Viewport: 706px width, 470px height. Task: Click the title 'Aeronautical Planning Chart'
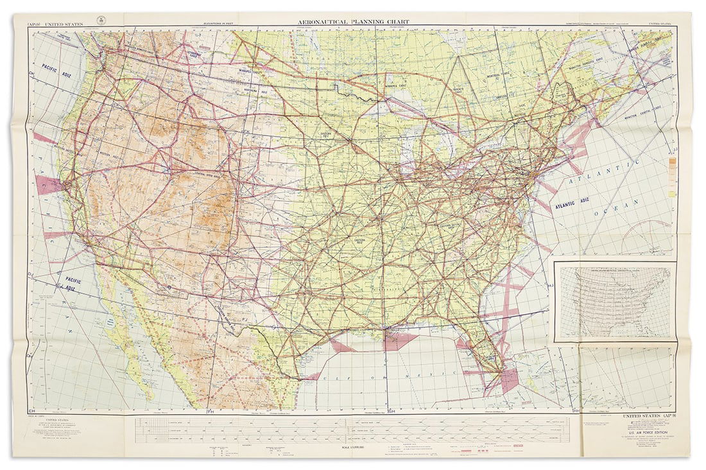tap(353, 21)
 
